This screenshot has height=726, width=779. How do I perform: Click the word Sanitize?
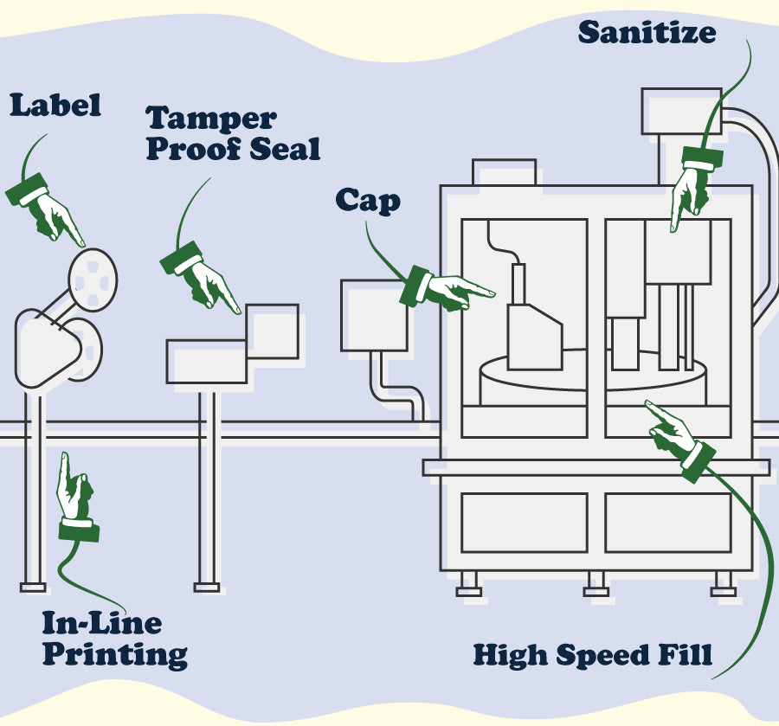point(647,32)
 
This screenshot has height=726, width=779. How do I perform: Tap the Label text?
point(55,106)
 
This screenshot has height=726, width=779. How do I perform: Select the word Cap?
point(368,201)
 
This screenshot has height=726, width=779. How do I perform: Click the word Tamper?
point(211,119)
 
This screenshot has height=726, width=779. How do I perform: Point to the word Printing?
point(115,653)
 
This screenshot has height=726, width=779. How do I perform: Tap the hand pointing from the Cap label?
point(446,289)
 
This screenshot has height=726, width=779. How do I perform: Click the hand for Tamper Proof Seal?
point(203,279)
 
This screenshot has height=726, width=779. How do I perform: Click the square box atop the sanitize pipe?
point(681,111)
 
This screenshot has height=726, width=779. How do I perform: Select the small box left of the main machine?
point(374,315)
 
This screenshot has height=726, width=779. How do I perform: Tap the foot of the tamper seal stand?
point(207,587)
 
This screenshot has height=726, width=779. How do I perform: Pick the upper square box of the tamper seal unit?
point(273,331)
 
